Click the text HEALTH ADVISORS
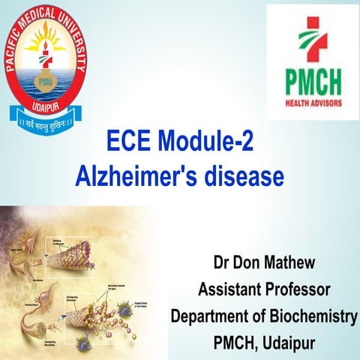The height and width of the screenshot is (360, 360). pos(311,100)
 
